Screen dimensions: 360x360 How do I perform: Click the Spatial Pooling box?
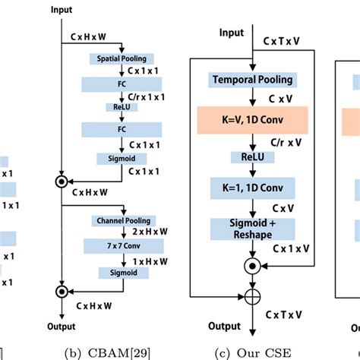tap(122, 58)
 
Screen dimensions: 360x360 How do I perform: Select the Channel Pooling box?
tap(121, 220)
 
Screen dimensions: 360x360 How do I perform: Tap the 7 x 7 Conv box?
tap(121, 245)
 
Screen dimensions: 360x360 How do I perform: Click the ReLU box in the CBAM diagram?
tap(121, 108)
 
